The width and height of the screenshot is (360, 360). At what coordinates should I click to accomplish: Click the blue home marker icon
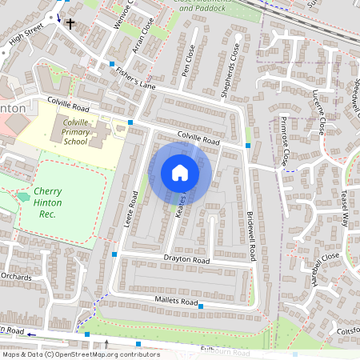180,173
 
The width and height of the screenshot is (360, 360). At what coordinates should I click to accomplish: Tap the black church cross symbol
70,24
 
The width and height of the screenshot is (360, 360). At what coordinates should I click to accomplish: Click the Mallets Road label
175,302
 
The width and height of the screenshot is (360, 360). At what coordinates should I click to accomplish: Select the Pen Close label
189,58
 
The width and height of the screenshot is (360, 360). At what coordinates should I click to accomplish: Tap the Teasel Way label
346,208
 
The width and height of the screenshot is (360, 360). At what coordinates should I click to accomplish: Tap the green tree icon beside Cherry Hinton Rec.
22,194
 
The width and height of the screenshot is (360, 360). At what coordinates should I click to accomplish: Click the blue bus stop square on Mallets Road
201,306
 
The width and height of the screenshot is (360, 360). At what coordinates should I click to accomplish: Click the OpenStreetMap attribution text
80,354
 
